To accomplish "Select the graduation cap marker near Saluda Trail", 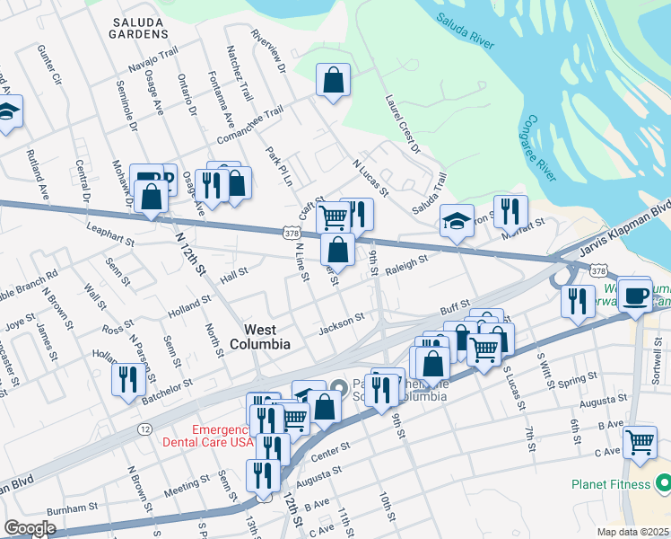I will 457,221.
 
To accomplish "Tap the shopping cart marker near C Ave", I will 640,442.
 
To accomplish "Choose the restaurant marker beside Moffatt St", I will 510,212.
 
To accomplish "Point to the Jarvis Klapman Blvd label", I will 623,228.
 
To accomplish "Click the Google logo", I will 30,527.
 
